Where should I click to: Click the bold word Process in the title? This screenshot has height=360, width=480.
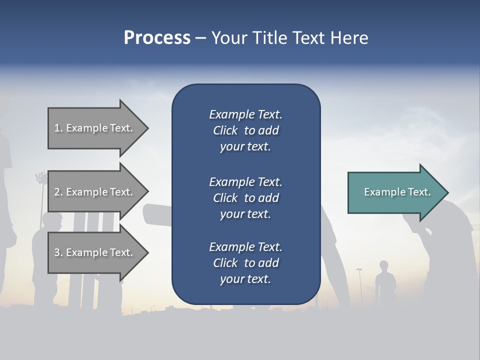[157, 38]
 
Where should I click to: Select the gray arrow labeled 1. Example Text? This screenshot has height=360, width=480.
[95, 128]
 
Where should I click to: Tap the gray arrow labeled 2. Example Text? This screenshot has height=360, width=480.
[95, 192]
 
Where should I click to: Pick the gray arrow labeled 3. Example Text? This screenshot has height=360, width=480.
[95, 252]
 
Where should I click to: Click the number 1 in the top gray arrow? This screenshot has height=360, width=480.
[57, 128]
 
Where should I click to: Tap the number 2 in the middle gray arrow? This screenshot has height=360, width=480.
[57, 192]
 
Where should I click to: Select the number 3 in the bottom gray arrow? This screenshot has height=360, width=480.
[57, 252]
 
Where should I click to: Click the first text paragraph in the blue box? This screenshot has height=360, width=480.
[245, 130]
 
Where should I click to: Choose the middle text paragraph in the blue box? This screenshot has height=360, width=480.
[245, 198]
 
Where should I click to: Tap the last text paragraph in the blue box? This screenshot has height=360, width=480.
[245, 263]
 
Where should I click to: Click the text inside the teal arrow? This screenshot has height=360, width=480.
[397, 192]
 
